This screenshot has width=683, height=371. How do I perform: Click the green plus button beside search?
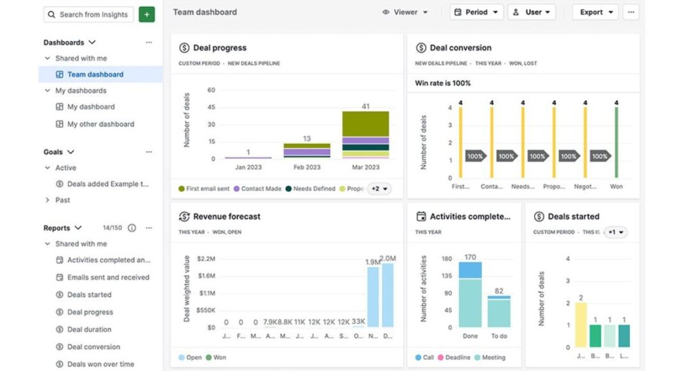[146, 14]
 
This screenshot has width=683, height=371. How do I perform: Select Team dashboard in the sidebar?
[95, 74]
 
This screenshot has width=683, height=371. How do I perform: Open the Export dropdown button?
[595, 12]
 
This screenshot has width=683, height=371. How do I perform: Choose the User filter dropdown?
[531, 12]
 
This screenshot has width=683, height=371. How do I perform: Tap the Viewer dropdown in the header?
[405, 12]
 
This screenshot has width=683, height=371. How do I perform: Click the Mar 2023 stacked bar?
[365, 134]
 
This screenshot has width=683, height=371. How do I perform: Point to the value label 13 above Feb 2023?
[307, 138]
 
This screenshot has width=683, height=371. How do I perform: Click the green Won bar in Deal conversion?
[616, 142]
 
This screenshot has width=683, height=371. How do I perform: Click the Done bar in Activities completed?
[470, 294]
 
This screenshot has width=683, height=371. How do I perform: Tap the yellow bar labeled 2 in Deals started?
[581, 325]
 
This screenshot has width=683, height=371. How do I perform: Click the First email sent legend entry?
[203, 189]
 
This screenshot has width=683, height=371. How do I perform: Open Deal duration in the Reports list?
[89, 329]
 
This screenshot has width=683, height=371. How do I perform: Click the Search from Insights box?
[89, 14]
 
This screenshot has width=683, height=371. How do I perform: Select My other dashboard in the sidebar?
[100, 124]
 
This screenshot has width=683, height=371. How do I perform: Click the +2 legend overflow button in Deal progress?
[379, 189]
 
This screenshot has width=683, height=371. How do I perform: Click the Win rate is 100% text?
[443, 83]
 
